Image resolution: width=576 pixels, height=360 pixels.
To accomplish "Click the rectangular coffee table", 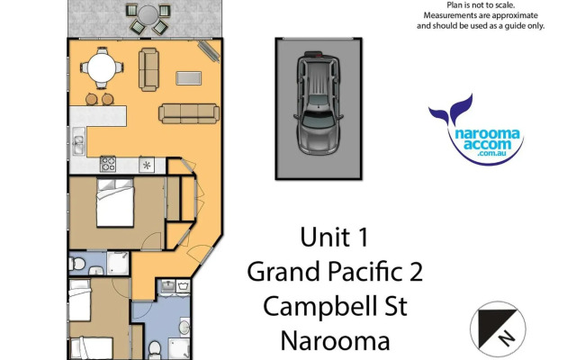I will click(x=190, y=77).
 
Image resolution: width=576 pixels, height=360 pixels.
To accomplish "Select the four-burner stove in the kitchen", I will click(x=109, y=164).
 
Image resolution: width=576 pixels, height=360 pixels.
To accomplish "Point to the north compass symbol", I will click(x=497, y=327).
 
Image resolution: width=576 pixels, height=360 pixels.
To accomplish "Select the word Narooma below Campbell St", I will click(x=335, y=341).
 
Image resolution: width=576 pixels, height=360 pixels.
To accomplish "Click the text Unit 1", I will click(x=335, y=238).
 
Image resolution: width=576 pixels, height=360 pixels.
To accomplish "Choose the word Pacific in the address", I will click(x=361, y=271).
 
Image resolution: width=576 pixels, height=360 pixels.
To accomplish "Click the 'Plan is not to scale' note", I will click(x=481, y=4).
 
